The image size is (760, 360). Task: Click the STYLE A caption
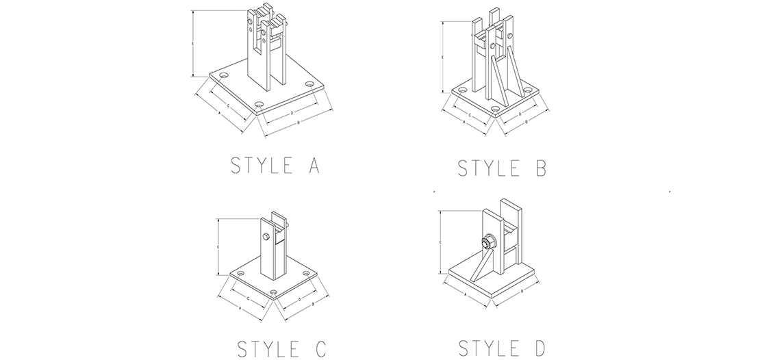[276, 166]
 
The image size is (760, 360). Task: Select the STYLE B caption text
[502, 168]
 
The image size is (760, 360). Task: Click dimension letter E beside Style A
[193, 43]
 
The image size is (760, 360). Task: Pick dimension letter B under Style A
[299, 122]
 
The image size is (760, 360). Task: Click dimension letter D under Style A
[292, 111]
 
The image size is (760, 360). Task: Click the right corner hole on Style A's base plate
[309, 84]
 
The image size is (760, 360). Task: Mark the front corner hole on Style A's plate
[259, 103]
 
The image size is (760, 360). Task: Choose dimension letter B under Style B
[525, 120]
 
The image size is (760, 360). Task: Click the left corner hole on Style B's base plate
[461, 90]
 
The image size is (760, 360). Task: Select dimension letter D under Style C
[300, 300]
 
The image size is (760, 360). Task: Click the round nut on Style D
[489, 242]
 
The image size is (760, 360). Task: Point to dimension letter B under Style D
[522, 292]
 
